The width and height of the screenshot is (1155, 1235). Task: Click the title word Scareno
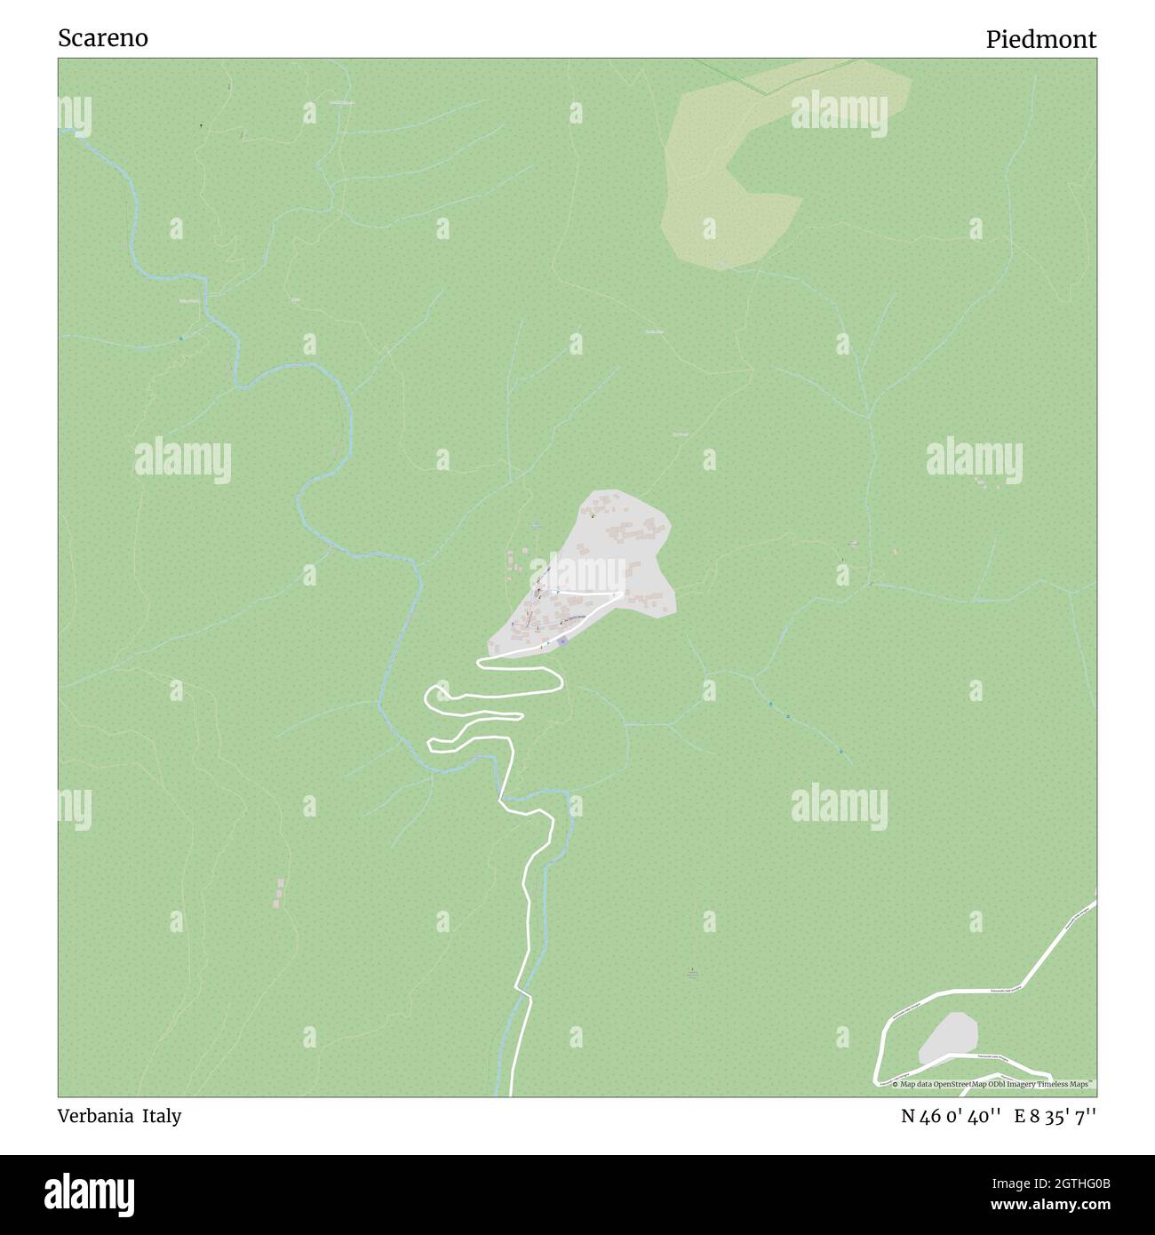pos(103,39)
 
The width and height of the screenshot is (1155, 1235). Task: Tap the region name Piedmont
pos(1040,40)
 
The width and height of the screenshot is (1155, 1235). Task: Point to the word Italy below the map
pos(163,1116)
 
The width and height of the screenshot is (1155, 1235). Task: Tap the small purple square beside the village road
pos(562,641)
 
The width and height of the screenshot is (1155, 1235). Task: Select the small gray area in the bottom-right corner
pos(949,1037)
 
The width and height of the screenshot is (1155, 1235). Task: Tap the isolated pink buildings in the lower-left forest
pos(280,893)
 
